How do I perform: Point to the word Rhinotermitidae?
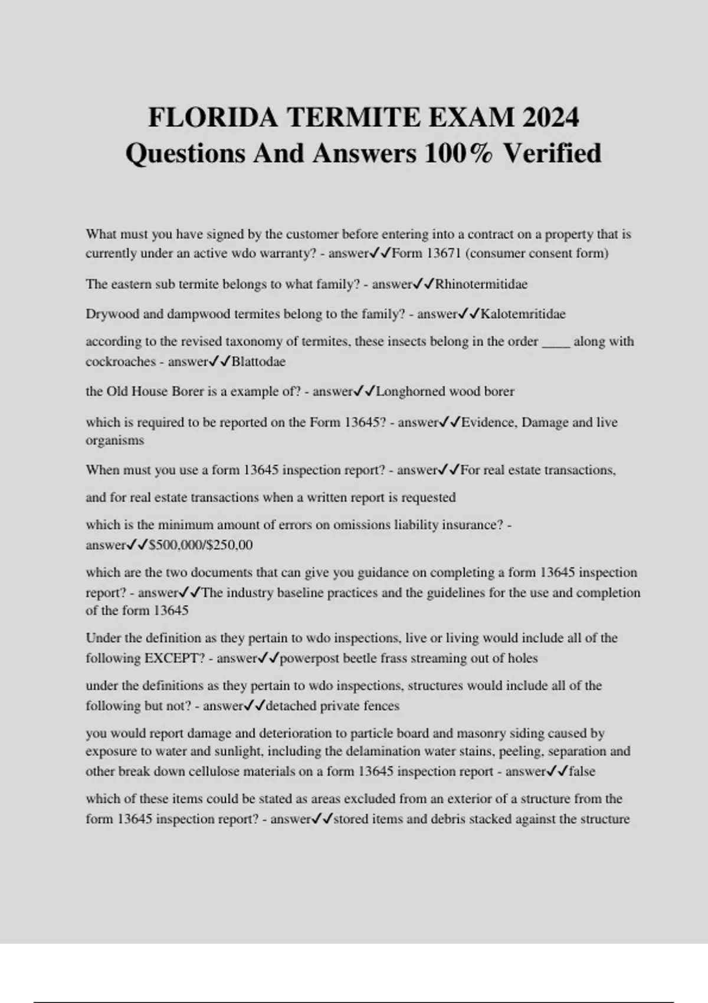click(x=481, y=284)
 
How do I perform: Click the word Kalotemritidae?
click(x=523, y=314)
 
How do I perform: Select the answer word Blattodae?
click(x=258, y=362)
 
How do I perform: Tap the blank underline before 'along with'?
click(x=555, y=342)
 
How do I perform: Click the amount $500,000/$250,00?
click(x=201, y=545)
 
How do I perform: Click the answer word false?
click(x=582, y=771)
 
